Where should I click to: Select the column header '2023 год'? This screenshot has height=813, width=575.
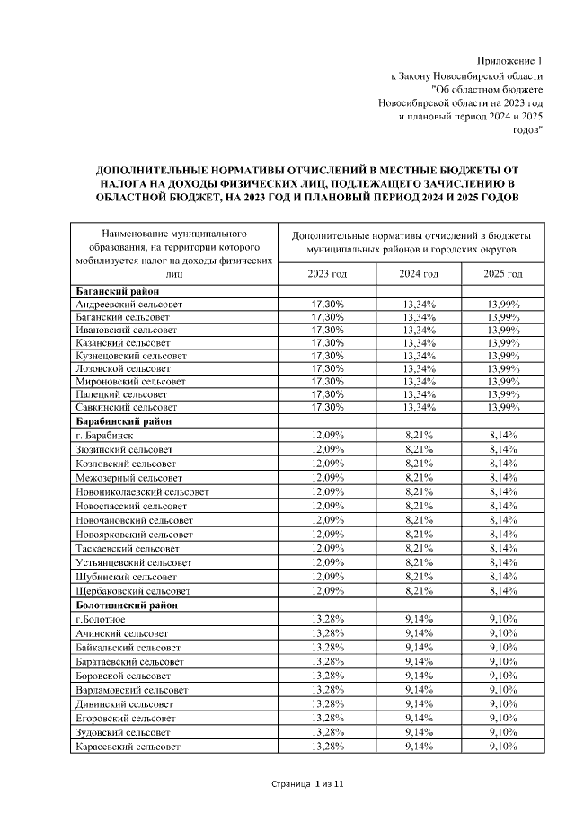pos(326,273)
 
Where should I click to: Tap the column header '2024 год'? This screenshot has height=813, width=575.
pos(419,273)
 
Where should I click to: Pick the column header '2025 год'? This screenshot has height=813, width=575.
pos(503,273)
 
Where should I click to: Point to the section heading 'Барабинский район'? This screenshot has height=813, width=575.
pos(122,420)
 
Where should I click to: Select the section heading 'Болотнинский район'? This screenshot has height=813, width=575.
pos(125,605)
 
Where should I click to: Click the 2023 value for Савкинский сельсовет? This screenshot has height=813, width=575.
pos(326,408)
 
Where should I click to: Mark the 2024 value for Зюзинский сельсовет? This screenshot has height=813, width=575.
pos(419,447)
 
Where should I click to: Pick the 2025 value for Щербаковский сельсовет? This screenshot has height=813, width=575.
pos(503,592)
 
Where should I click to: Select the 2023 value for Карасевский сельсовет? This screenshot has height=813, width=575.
pos(326,747)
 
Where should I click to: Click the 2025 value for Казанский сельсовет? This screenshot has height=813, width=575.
pos(503,343)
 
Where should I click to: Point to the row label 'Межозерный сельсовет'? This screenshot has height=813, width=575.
pos(128,478)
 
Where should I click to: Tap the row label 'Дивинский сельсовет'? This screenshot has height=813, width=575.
pos(124,703)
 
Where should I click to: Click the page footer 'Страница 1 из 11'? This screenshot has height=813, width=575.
pos(308,785)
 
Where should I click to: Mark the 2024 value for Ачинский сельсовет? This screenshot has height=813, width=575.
pos(419,632)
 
